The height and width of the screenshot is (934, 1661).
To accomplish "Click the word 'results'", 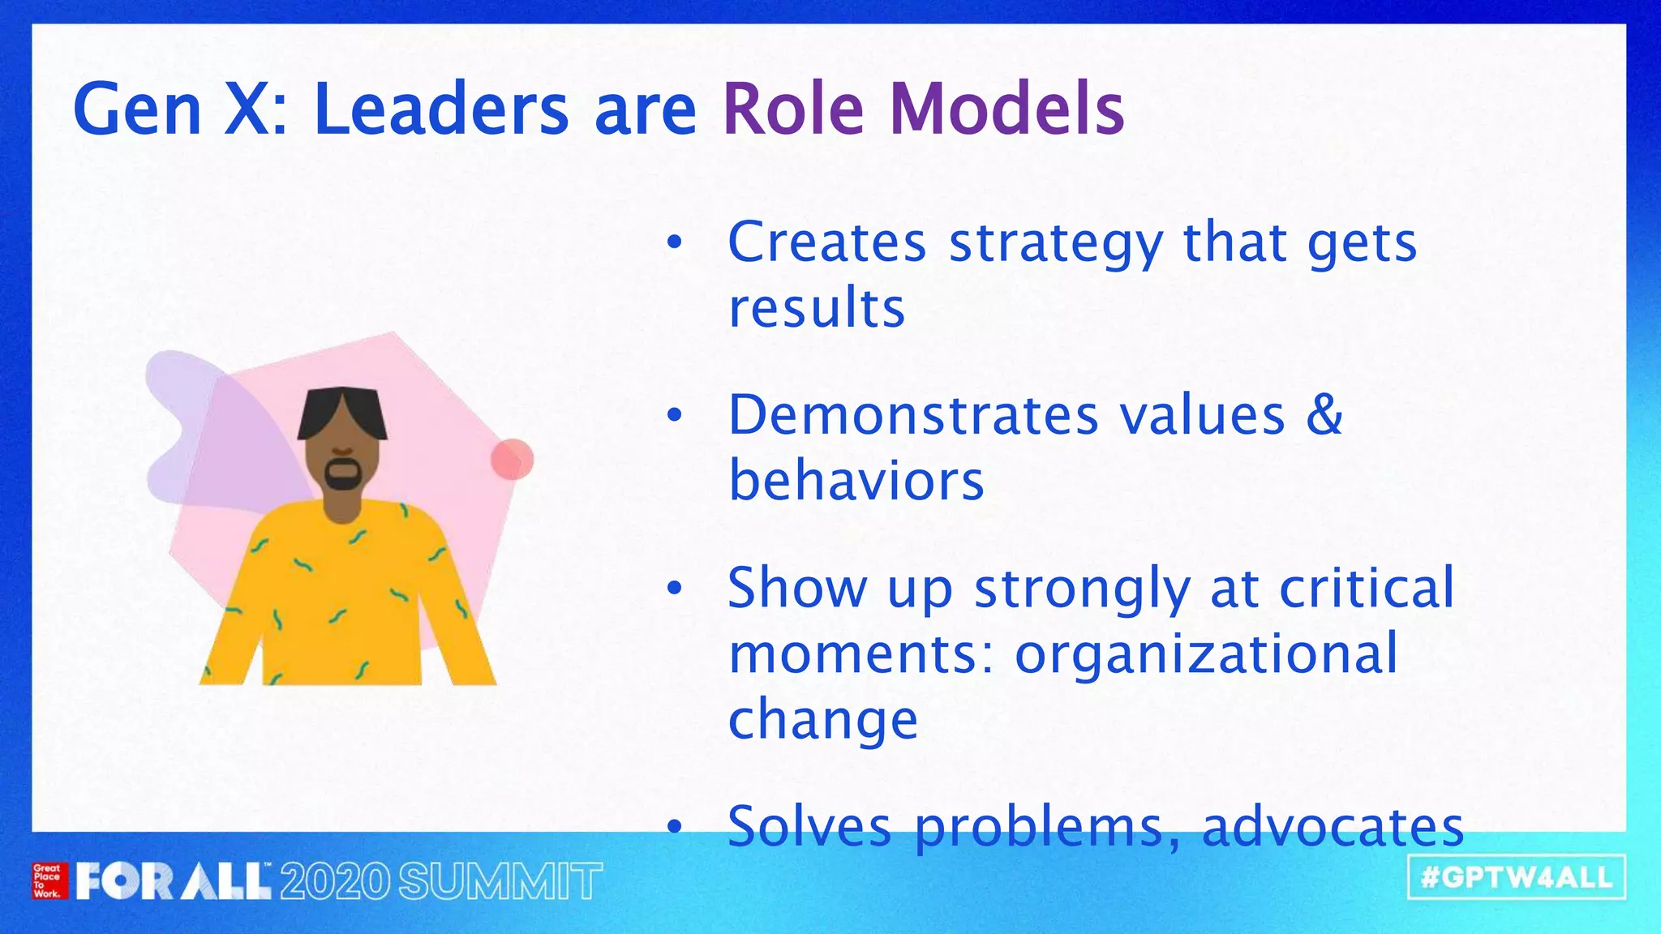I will [816, 309].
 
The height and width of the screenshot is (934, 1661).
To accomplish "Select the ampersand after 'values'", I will [1324, 415].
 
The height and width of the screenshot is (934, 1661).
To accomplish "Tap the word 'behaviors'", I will [856, 481].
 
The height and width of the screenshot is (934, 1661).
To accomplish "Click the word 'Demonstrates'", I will [913, 415].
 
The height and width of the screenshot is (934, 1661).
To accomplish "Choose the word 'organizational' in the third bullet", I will [1206, 653].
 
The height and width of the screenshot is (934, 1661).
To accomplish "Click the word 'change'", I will [822, 720].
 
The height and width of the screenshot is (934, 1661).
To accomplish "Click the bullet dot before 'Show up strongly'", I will [675, 589].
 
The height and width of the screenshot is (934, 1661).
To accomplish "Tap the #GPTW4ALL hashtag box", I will [1516, 877].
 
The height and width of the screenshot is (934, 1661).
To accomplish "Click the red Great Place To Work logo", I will [47, 880].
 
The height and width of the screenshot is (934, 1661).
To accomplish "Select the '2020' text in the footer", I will [335, 881].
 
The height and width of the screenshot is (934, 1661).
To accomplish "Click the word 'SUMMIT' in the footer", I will [500, 881].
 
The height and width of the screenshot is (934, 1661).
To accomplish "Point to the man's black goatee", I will [343, 474].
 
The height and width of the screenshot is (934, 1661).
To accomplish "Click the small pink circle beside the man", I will [512, 460].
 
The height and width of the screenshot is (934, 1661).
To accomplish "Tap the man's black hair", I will [341, 409].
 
